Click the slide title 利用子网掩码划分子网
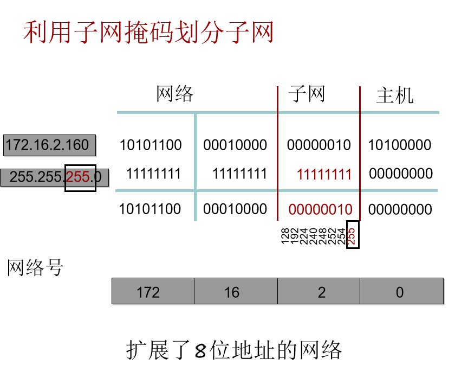(148, 33)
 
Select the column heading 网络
(174, 94)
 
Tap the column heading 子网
(307, 94)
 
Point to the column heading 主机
(394, 96)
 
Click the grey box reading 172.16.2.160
(49, 145)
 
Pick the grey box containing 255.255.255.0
(54, 177)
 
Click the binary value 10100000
(400, 145)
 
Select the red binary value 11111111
(324, 175)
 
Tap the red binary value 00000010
(320, 209)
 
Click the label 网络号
(35, 267)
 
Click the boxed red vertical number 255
(352, 234)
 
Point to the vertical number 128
(285, 236)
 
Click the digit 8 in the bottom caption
(200, 351)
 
